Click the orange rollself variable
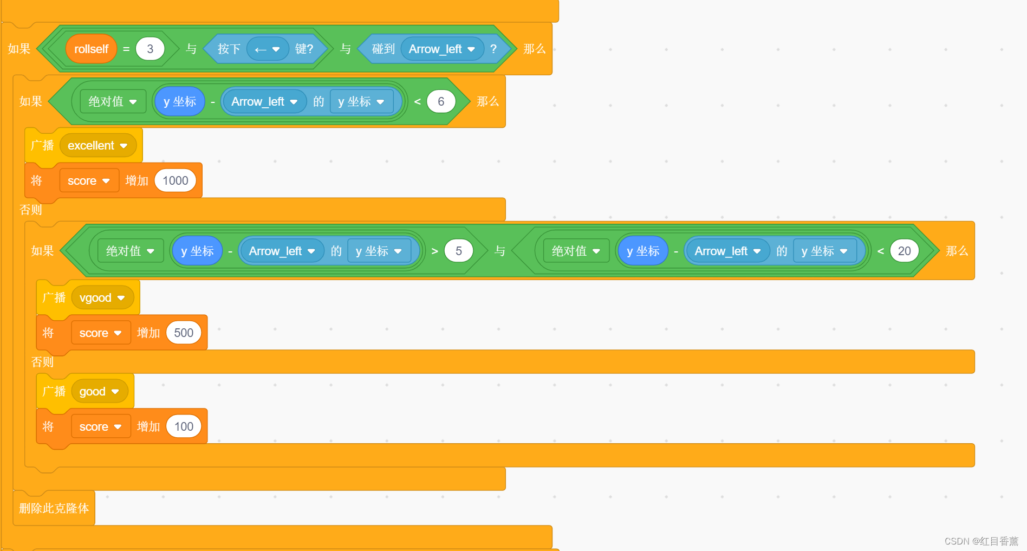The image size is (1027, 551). coord(91,49)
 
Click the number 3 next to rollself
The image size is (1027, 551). coord(150,49)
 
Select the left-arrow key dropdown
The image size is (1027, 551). coord(268,49)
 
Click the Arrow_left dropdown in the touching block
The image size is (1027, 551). coord(441,49)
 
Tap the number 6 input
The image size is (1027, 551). coord(441,102)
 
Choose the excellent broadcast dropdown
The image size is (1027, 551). coord(97,146)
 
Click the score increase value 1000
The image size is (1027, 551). coord(175,181)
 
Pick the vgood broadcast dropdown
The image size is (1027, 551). coord(102,298)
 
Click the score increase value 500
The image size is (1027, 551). coord(184,333)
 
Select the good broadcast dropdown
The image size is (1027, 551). coord(99,392)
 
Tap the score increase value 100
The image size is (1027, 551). coord(184,427)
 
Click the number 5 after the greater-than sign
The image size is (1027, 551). coord(458,251)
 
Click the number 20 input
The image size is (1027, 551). coord(904,251)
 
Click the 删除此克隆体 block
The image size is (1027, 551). coord(54,508)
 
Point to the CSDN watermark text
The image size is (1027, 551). coord(981,541)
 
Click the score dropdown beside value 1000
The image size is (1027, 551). coord(89,181)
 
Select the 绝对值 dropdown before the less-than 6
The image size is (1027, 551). coord(113,102)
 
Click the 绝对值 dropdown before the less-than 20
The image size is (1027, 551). coord(576,251)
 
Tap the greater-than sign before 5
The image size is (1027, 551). coord(434,251)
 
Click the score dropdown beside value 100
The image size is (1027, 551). coord(101,427)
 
